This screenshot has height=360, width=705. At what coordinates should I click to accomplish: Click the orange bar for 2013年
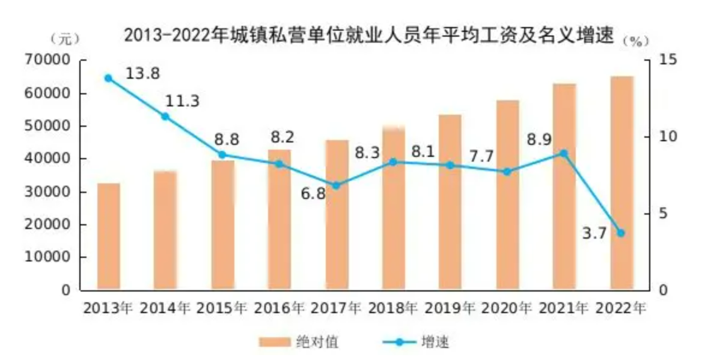pos(108,236)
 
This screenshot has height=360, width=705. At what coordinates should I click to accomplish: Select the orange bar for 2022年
pos(622,183)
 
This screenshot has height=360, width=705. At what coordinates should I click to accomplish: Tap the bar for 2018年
pos(394,208)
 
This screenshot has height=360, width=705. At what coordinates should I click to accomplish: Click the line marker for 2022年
pos(621,233)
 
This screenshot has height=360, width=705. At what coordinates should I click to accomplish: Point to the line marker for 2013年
pos(108,78)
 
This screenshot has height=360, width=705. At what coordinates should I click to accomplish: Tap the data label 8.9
pos(539,139)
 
